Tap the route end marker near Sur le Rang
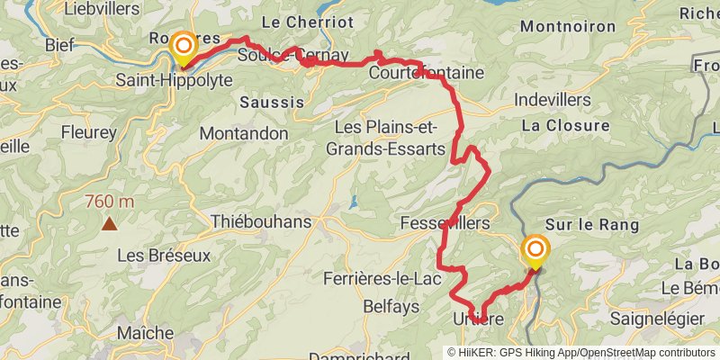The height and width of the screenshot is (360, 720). tap(535, 250)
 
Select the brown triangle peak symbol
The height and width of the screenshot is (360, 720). tap(109, 223)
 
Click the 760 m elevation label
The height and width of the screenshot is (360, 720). tap(109, 202)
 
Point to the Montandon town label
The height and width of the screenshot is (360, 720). tap(243, 133)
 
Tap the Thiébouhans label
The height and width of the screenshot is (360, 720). tap(261, 221)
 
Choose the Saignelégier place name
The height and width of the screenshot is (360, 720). tap(661, 319)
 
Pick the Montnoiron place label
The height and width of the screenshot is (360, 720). tap(557, 28)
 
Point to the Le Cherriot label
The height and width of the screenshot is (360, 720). tap(296, 21)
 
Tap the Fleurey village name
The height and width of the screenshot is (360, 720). tap(88, 132)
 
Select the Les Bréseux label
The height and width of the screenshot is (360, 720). tap(163, 256)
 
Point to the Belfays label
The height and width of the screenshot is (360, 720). tap(391, 307)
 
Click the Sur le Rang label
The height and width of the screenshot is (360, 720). tap(591, 225)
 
